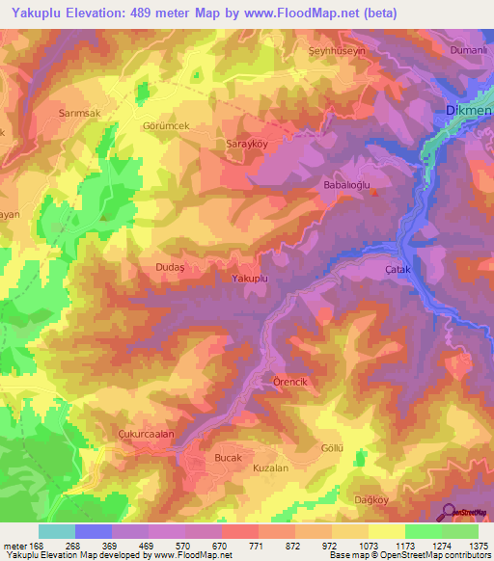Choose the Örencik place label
point(289,382)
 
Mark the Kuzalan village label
point(270,467)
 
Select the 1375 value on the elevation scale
point(479,546)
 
